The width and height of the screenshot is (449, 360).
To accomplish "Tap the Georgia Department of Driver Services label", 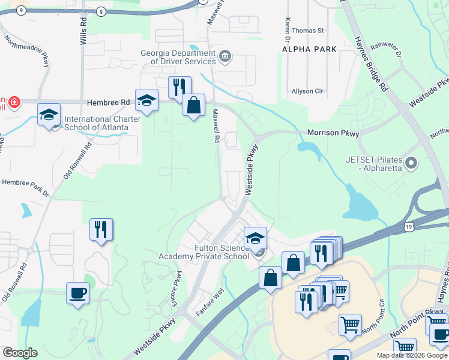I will click(x=178, y=57).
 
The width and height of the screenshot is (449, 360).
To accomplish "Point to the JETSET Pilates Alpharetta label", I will click(x=376, y=164).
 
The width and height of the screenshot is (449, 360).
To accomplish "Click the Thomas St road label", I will click(x=308, y=30).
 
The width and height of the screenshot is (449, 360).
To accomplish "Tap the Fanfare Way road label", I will click(x=209, y=306).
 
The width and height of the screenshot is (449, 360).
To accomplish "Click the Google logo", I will click(x=20, y=353).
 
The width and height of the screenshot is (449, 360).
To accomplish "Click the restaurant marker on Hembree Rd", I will click(x=179, y=88).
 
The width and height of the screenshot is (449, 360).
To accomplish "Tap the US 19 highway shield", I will click(x=408, y=226).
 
